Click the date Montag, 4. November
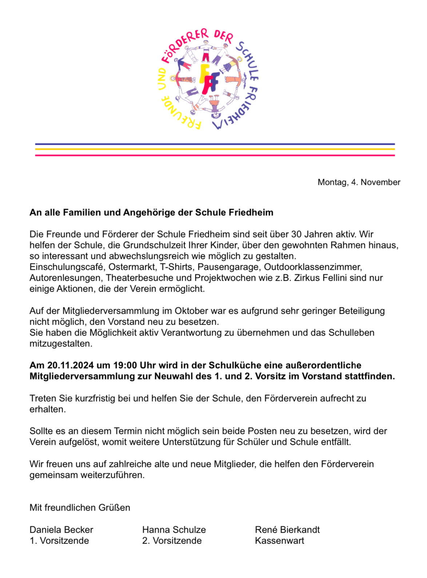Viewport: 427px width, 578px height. (359, 182)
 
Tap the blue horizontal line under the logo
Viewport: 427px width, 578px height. (215, 144)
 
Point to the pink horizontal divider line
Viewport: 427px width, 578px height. (215, 155)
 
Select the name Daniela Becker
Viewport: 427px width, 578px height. (61, 530)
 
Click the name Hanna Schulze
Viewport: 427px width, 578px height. (174, 530)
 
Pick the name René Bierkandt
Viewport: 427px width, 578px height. (287, 530)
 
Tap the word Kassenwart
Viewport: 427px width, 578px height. (279, 541)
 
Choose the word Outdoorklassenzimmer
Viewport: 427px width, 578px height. (313, 267)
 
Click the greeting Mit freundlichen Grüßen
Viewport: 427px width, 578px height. (80, 508)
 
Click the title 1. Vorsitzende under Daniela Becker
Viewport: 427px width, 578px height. (59, 541)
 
